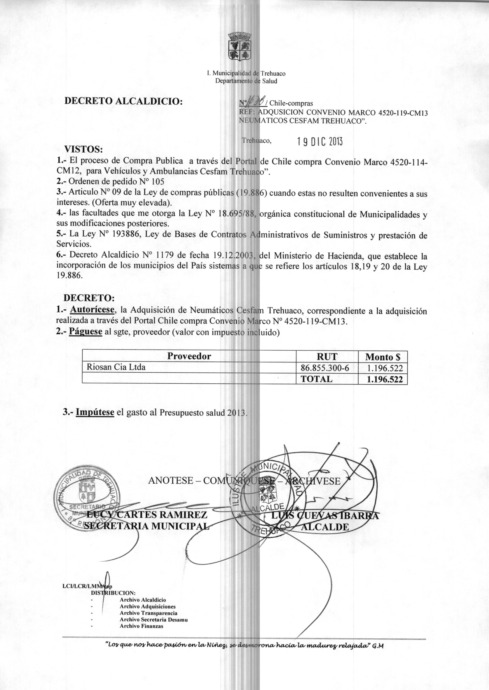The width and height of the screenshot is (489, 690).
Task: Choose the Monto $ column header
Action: click(x=383, y=357)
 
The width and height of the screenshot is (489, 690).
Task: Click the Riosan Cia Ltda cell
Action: click(x=116, y=367)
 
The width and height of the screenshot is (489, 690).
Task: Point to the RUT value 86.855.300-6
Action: click(x=327, y=368)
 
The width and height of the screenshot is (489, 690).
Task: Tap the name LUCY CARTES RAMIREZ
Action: click(x=147, y=515)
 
